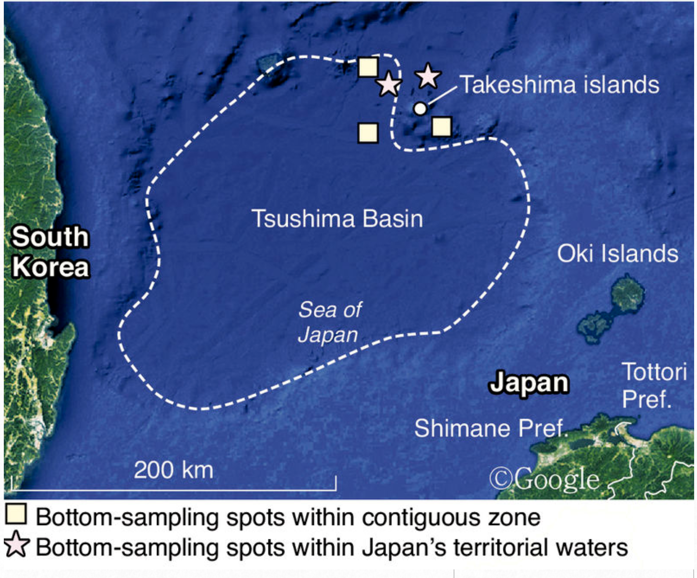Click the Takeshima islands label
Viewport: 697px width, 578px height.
click(559, 85)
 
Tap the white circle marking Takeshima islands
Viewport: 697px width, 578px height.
click(420, 108)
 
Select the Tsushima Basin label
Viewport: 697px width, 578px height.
click(337, 219)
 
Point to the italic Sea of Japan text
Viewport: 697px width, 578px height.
click(329, 322)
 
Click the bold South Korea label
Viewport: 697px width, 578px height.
click(50, 252)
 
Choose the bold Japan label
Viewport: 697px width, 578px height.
click(529, 383)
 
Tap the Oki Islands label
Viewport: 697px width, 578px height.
click(617, 254)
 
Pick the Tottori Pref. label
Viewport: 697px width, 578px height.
click(654, 385)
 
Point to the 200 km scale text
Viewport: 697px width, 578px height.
click(173, 470)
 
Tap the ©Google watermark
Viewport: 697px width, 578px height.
click(544, 479)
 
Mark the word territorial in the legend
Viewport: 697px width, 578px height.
click(500, 547)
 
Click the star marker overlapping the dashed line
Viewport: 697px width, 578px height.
click(389, 85)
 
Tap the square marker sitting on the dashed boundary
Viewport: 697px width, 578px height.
click(368, 67)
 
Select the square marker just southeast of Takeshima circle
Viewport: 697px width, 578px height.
click(442, 127)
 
